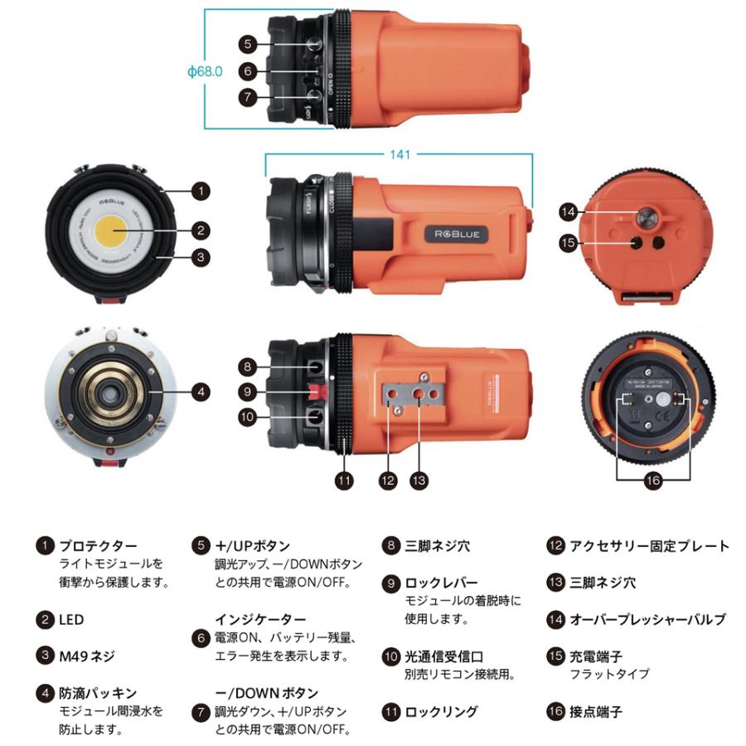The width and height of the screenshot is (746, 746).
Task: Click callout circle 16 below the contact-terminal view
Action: click(x=653, y=479)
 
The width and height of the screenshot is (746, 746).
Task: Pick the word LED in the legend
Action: click(x=70, y=619)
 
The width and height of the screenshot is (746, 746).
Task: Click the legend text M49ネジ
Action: click(x=86, y=656)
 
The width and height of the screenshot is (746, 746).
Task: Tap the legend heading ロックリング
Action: click(x=441, y=711)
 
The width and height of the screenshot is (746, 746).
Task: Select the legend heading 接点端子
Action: click(x=595, y=711)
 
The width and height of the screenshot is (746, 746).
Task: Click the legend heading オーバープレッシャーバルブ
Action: click(x=647, y=619)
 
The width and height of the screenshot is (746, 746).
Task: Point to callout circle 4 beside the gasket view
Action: click(x=200, y=390)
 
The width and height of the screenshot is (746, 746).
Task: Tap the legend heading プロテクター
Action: click(x=97, y=545)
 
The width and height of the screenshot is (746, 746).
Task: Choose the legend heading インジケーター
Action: click(x=260, y=619)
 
